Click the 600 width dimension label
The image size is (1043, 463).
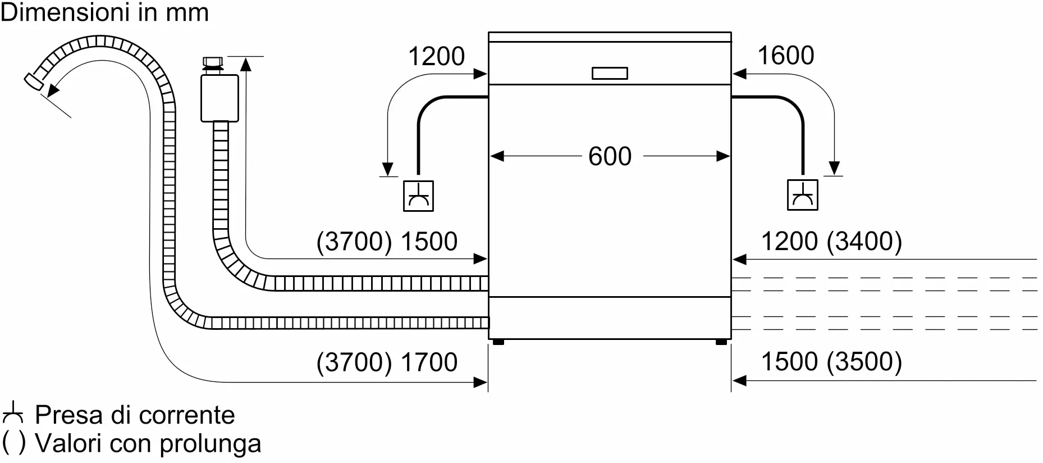610,156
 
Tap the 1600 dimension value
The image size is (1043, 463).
785,56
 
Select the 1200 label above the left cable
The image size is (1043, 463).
436,56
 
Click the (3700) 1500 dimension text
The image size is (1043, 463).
387,242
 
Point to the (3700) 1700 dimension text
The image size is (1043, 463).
387,362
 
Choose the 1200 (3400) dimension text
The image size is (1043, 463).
831,241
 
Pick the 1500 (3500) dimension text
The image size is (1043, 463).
831,361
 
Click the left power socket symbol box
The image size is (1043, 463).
418,196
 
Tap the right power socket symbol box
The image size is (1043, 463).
802,195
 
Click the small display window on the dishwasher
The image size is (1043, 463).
610,73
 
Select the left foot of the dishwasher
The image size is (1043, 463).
497,342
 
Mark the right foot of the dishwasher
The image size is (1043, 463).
721,342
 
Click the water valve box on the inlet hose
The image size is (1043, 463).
219,98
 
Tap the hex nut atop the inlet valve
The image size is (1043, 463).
213,62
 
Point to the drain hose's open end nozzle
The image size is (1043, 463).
34,81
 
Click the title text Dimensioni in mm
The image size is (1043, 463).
104,12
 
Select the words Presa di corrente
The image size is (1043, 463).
135,415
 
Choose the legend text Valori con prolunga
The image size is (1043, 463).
148,443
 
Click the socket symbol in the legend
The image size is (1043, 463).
12,413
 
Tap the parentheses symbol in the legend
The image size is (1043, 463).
13,443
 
